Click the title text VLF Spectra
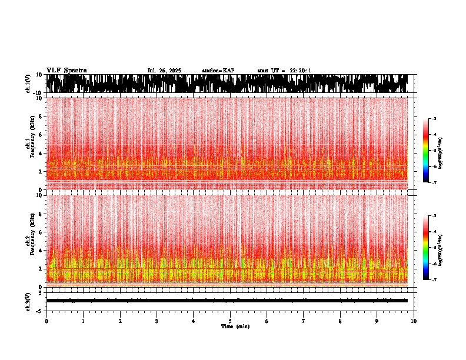point(66,70)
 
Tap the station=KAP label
point(218,71)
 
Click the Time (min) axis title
point(235,326)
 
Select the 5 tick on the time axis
point(230,321)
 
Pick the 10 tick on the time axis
point(414,321)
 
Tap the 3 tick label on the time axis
point(157,321)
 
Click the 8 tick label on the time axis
point(340,321)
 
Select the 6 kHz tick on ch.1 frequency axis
point(41,135)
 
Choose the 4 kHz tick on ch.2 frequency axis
point(41,250)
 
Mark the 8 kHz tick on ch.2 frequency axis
point(41,214)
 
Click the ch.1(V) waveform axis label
point(28,84)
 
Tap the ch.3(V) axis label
point(28,301)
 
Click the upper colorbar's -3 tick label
point(434,119)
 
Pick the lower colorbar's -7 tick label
point(434,279)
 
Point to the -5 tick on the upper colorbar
point(434,151)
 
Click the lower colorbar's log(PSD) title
point(441,248)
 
